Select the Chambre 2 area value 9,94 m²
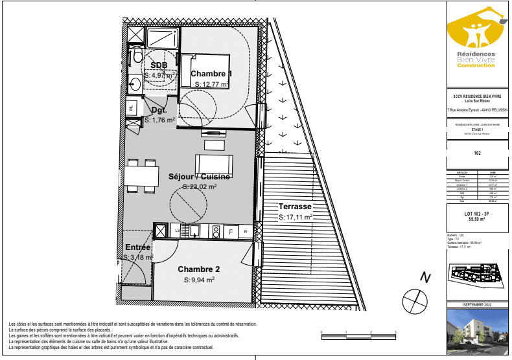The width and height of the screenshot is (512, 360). click(198, 280)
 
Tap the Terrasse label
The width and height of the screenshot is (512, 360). click(295, 207)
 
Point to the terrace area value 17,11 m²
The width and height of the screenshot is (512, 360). click(296, 218)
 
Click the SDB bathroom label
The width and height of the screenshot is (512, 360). click(159, 65)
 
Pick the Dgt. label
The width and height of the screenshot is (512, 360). click(151, 111)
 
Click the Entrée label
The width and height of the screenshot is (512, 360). click(138, 247)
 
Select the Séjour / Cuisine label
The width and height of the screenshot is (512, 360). click(200, 176)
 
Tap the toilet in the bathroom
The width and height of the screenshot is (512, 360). click(137, 58)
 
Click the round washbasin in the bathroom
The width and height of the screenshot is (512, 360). click(134, 84)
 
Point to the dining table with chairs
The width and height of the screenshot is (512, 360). click(141, 175)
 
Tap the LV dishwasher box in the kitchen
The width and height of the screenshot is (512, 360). click(178, 231)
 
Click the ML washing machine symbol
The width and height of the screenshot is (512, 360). click(132, 108)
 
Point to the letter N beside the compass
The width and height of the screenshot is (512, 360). click(425, 277)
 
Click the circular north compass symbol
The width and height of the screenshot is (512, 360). click(414, 300)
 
